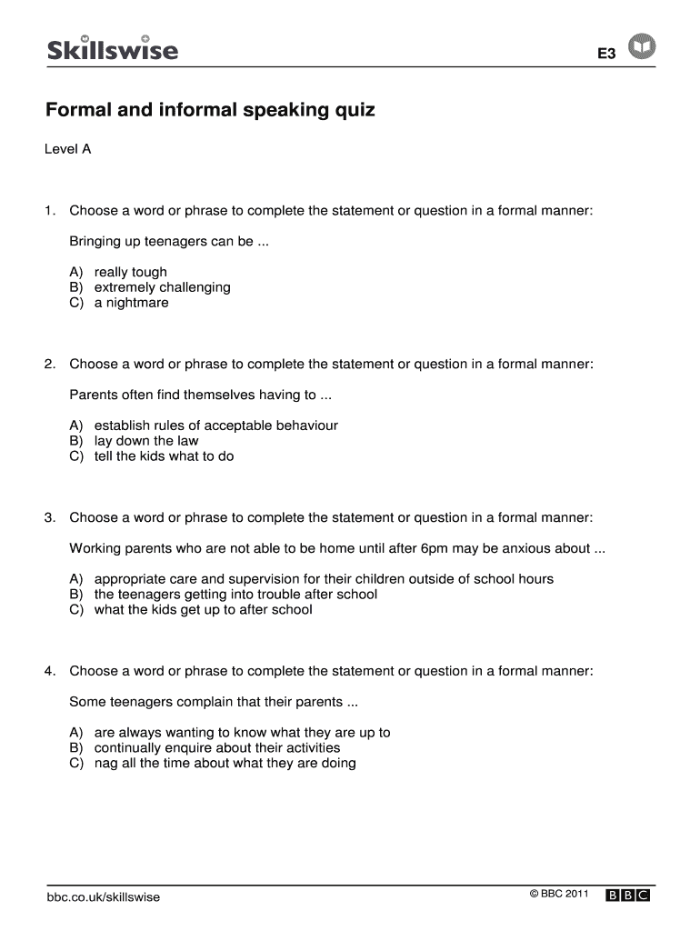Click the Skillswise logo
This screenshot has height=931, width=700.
tap(112, 48)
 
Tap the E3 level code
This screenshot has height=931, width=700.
tap(606, 54)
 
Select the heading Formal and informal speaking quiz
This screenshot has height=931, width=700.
tap(210, 111)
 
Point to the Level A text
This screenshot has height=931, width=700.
tap(68, 149)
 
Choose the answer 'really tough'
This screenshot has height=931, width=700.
tap(130, 272)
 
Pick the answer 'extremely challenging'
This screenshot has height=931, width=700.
tap(162, 287)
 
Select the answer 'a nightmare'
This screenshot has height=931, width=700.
tap(131, 303)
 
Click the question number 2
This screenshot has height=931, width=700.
tap(50, 364)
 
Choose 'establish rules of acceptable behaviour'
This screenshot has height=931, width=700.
tap(215, 425)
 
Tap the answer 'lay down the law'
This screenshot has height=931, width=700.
tap(145, 441)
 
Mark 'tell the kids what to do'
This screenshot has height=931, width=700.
tap(164, 456)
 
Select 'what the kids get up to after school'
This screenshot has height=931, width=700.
tap(203, 610)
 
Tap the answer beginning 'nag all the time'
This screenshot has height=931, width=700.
tap(225, 764)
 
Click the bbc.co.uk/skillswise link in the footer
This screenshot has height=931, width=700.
tap(103, 897)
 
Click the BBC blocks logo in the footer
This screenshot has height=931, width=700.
tap(628, 896)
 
